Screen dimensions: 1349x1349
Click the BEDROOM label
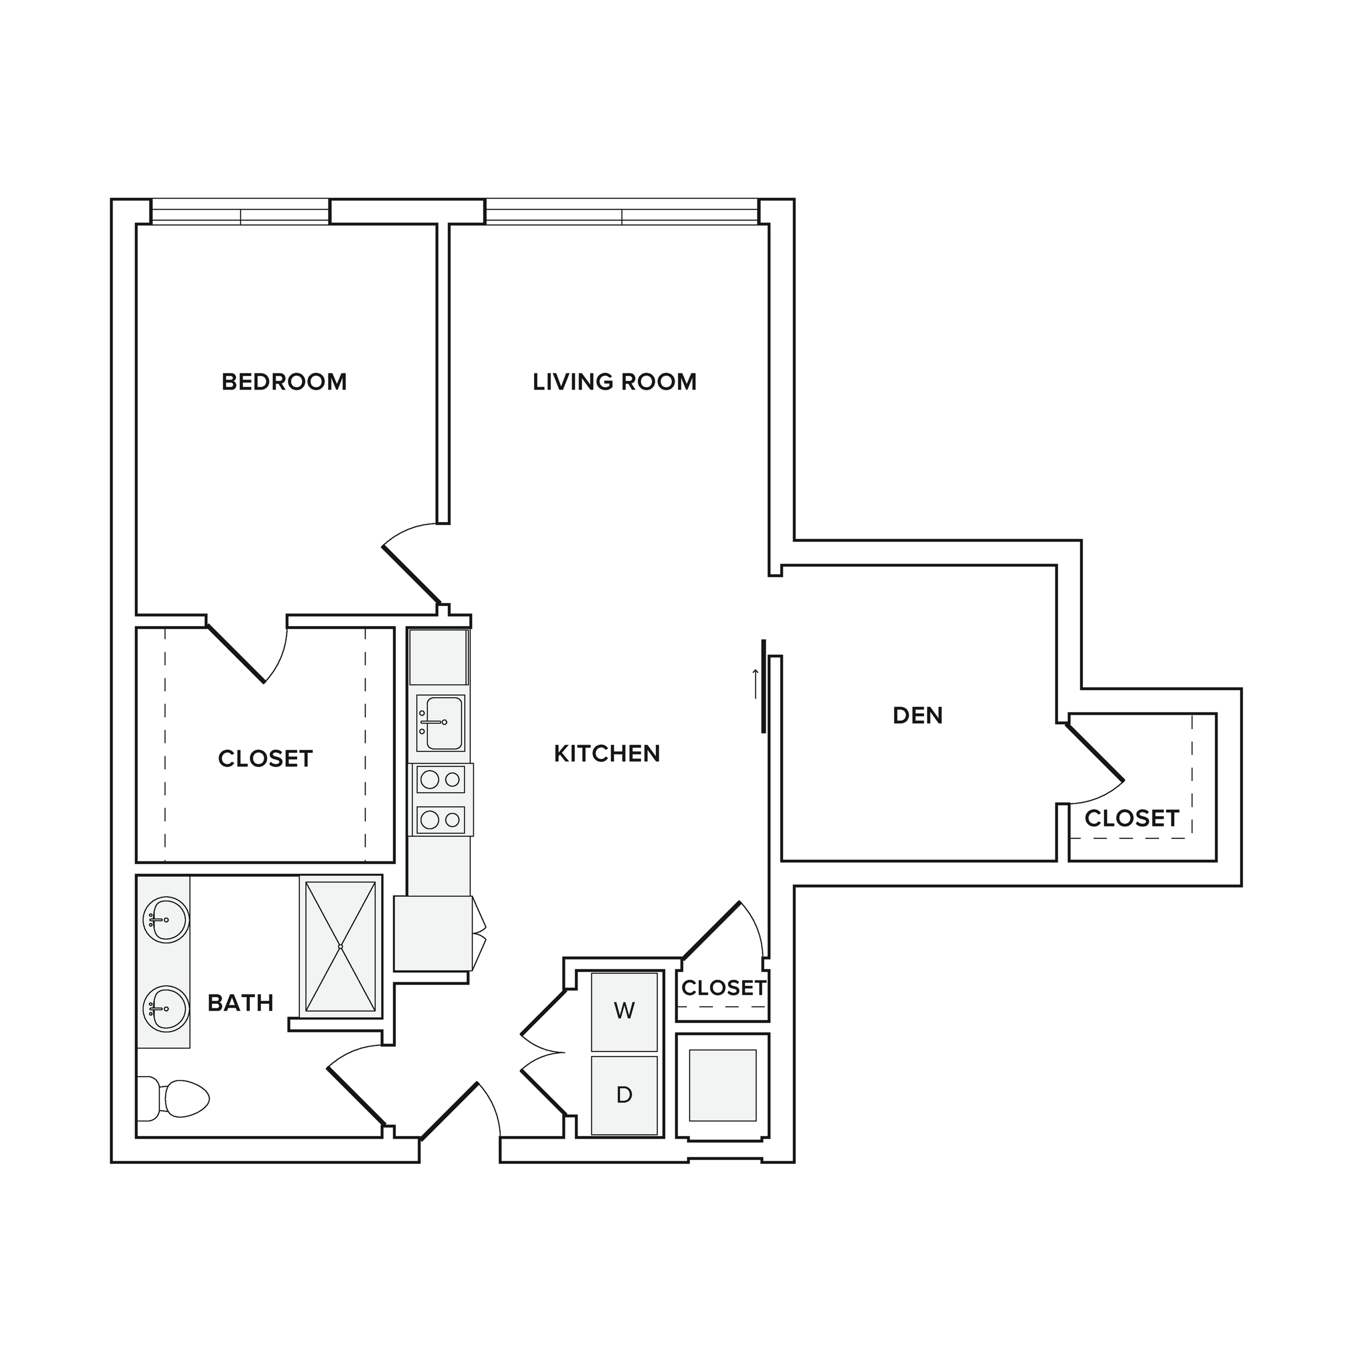click(x=284, y=382)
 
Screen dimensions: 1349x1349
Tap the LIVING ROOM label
click(x=614, y=382)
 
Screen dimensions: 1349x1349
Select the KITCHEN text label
click(x=607, y=753)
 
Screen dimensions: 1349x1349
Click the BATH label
click(x=240, y=1003)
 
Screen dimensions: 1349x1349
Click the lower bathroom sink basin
click(x=165, y=1009)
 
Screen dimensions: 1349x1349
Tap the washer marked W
click(x=624, y=1012)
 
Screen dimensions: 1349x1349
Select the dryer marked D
click(x=624, y=1095)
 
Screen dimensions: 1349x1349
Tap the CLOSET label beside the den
click(x=1132, y=818)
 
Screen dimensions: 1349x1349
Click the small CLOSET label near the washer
click(x=724, y=988)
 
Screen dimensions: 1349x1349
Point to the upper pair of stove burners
click(x=441, y=778)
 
